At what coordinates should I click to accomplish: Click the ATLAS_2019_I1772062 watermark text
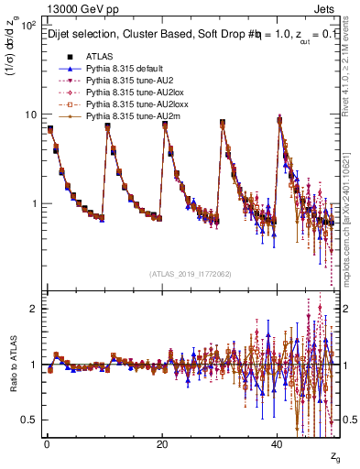(191, 273)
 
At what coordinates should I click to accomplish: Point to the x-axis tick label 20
(162, 443)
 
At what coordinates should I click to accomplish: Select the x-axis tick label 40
(277, 443)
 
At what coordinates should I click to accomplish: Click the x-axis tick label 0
(47, 443)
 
